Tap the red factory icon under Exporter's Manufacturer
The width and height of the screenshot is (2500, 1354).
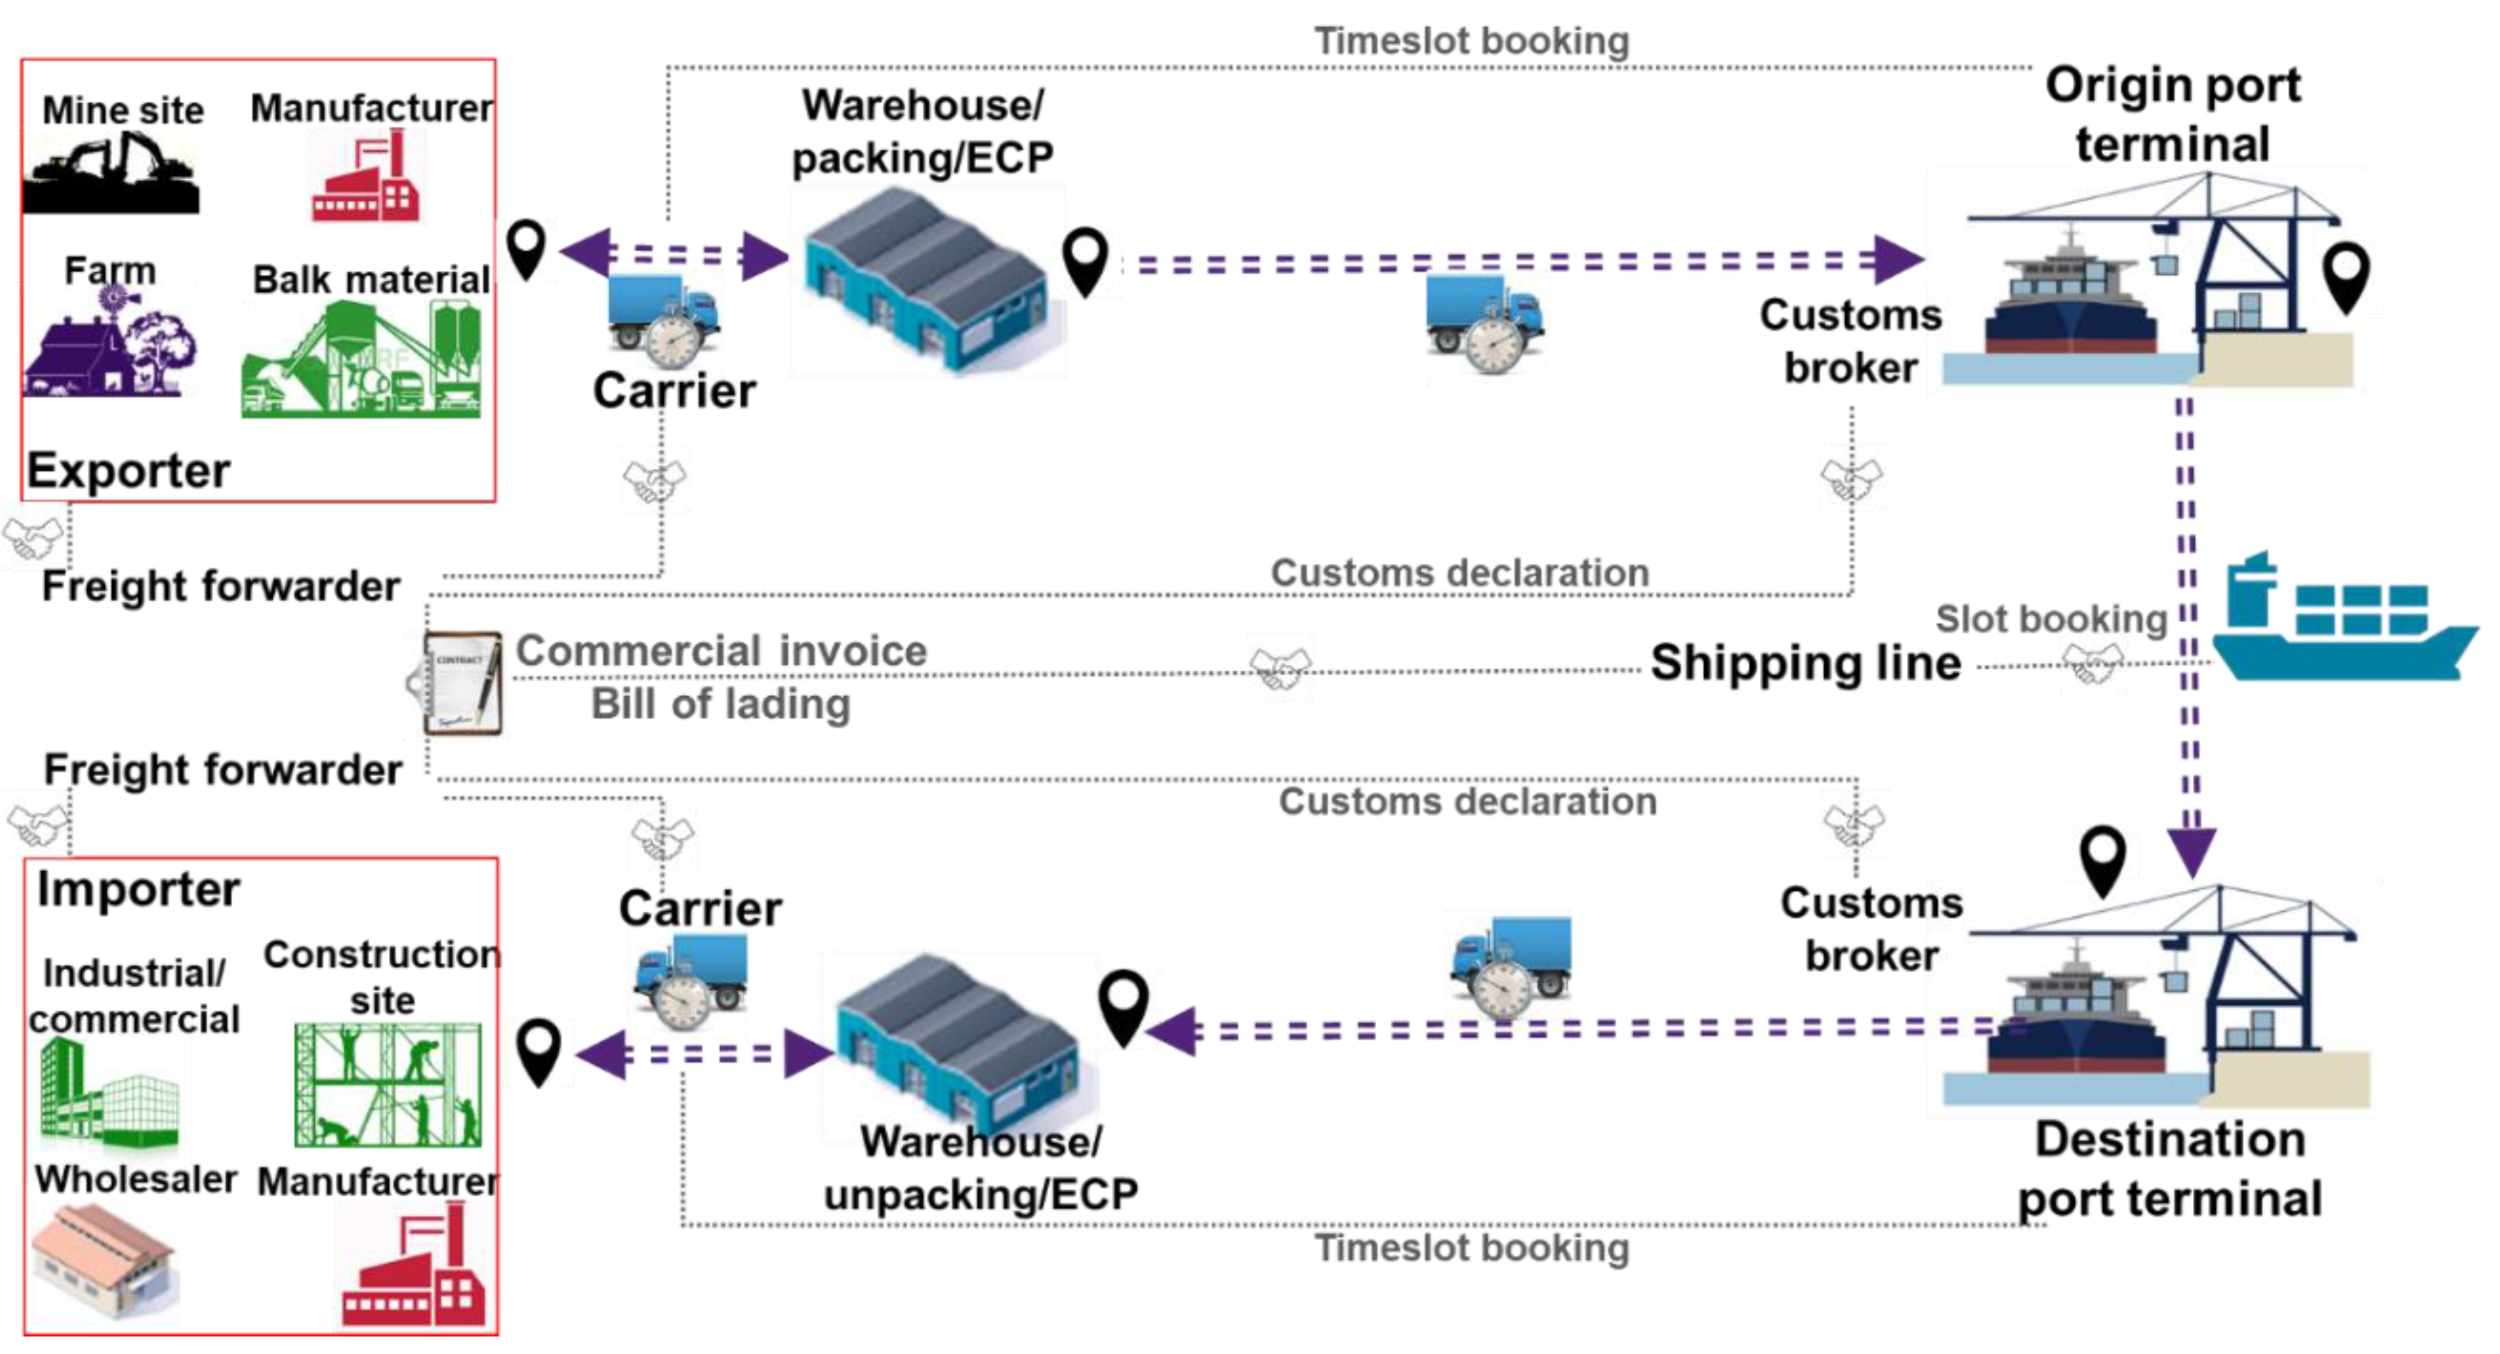[x=366, y=176]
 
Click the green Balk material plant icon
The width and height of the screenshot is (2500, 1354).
[x=361, y=358]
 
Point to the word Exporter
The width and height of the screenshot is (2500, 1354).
[x=128, y=471]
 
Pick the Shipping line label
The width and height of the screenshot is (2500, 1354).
[x=1806, y=663]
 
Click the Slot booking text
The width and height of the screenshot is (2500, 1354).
[x=2051, y=619]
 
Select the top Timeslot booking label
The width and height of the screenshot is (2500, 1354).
[x=1471, y=41]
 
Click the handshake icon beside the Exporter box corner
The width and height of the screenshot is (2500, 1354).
[x=33, y=539]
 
